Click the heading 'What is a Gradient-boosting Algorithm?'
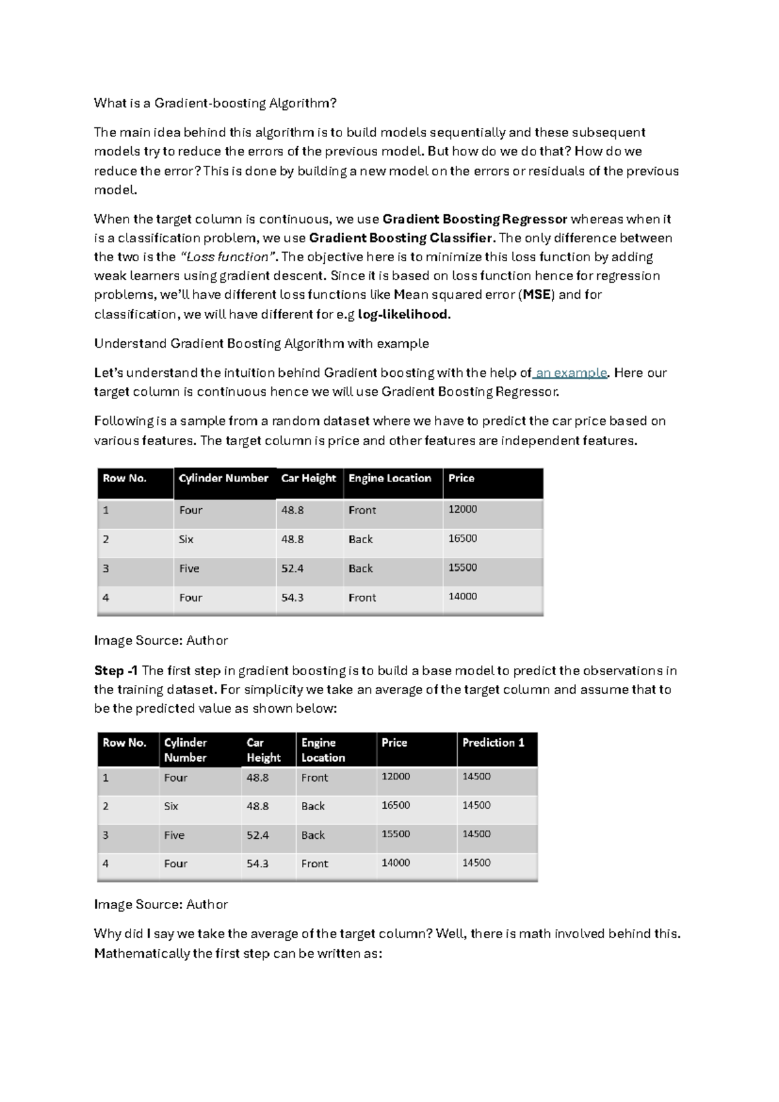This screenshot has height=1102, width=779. (215, 103)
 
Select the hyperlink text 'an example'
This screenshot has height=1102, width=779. (571, 373)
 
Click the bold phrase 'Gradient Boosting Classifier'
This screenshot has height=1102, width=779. (401, 238)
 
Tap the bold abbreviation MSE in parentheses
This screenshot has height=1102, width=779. (537, 294)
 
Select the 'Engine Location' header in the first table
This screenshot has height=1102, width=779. (389, 478)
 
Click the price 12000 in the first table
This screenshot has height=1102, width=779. (462, 509)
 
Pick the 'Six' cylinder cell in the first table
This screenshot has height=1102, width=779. (186, 539)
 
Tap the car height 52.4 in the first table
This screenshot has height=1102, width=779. (292, 569)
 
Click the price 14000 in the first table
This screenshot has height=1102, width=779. (462, 596)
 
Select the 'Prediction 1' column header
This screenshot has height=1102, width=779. (493, 743)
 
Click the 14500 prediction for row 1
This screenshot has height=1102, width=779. (476, 776)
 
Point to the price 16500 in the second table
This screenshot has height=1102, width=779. (395, 806)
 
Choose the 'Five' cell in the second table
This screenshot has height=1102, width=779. (174, 836)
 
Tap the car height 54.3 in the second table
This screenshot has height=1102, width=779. (257, 864)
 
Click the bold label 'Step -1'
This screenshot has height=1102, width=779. (116, 671)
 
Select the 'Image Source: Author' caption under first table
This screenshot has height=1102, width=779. (160, 641)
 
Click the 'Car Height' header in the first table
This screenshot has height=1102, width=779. (308, 478)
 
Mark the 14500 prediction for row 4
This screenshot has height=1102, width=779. (476, 863)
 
